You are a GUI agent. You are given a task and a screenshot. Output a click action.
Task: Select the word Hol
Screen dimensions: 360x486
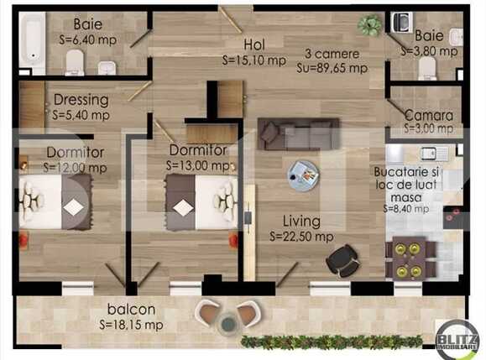point(254,44)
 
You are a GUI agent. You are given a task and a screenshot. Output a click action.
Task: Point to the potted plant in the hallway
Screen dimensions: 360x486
point(369,25)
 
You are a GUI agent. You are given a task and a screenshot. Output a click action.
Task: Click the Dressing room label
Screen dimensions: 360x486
point(81,99)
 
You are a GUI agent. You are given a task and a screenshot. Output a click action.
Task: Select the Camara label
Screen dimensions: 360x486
point(428,115)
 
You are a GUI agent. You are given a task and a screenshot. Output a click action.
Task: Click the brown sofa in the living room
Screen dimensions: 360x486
point(298,133)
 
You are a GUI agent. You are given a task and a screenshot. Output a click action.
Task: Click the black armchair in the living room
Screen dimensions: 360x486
point(342,259)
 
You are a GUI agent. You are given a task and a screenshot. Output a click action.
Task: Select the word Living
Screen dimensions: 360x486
point(300,222)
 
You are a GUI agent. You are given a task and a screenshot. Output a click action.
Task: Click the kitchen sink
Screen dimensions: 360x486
point(433,153)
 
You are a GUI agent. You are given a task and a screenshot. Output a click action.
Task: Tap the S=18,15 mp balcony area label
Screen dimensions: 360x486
point(131,324)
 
